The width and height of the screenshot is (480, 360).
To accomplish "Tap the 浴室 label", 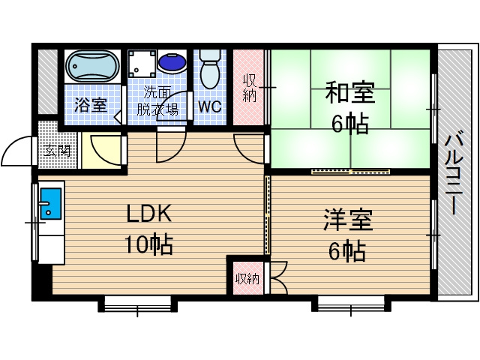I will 91,106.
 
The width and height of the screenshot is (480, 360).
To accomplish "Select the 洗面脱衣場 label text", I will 157,101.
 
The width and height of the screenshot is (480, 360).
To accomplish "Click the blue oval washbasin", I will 175,63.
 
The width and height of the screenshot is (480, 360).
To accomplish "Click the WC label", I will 209,106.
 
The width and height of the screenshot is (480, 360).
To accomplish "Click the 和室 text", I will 349,94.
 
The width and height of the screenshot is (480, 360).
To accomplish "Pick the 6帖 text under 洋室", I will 347,252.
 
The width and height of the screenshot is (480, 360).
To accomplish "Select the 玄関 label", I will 57,150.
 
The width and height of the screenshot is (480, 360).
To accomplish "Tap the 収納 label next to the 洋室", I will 247,280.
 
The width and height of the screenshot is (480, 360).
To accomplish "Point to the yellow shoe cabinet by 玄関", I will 102,151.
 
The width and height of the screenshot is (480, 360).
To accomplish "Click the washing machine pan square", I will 142,64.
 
